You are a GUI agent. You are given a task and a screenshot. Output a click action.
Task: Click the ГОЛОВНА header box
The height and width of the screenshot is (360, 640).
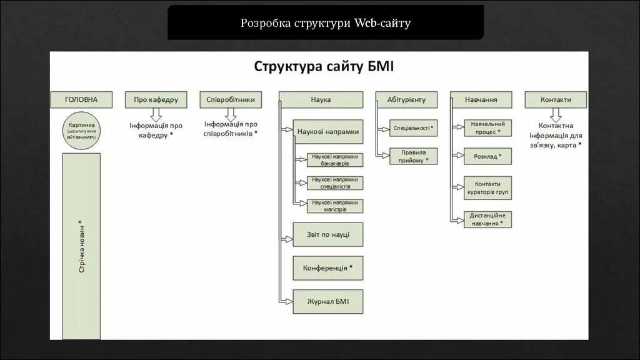(x=81, y=99)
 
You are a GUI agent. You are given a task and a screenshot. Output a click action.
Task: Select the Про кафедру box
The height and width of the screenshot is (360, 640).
(x=156, y=99)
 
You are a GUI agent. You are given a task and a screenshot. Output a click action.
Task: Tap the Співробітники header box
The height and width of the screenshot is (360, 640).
(x=231, y=99)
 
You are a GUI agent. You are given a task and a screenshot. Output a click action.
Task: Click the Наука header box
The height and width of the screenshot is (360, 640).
(x=321, y=99)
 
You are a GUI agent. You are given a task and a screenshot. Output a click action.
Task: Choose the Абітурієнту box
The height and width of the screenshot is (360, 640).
(x=406, y=99)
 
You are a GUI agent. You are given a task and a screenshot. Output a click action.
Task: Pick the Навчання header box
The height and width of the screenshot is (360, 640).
(x=481, y=99)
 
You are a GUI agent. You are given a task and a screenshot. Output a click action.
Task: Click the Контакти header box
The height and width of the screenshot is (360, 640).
(x=556, y=99)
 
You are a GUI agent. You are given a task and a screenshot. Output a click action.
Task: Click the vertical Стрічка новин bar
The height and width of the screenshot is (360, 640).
(x=81, y=246)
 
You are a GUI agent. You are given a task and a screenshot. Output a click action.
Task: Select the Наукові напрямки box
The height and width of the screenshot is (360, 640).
(x=328, y=132)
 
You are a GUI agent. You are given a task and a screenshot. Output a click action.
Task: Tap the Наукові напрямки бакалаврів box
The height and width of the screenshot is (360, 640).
(x=336, y=159)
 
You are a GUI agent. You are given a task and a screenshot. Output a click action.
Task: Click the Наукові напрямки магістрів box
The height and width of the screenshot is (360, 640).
(x=336, y=206)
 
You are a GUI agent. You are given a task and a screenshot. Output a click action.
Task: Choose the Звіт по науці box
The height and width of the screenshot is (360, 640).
(x=328, y=234)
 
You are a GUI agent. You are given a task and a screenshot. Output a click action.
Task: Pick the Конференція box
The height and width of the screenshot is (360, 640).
(x=328, y=267)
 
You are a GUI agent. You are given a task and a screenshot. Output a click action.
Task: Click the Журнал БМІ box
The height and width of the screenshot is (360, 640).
(x=328, y=301)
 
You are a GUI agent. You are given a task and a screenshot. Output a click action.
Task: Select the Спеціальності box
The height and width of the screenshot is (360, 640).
(x=413, y=128)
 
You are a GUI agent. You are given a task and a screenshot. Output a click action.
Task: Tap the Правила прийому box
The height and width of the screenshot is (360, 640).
(x=413, y=156)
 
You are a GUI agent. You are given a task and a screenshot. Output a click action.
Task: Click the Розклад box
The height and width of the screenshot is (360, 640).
(x=487, y=156)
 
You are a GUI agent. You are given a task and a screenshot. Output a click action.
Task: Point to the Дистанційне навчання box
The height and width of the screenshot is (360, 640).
(x=487, y=219)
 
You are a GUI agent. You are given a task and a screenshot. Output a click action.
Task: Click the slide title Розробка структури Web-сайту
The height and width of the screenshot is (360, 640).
(x=326, y=23)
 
